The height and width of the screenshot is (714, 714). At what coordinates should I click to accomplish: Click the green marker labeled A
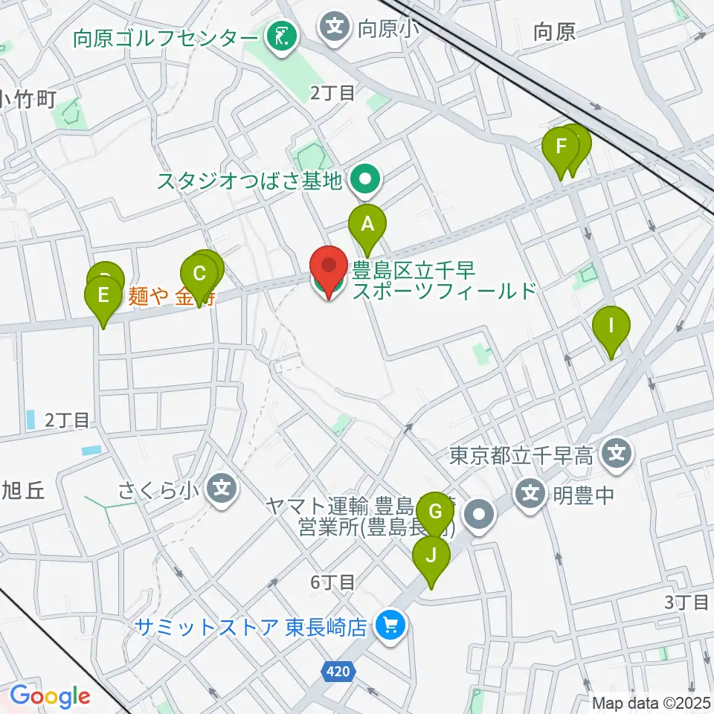click(367, 225)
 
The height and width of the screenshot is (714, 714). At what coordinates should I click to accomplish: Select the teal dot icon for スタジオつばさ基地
click(365, 179)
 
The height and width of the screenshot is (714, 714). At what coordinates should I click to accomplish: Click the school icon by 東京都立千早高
click(617, 455)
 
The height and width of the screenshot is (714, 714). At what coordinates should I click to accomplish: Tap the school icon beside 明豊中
click(530, 493)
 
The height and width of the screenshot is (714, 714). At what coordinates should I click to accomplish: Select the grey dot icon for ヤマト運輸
click(480, 516)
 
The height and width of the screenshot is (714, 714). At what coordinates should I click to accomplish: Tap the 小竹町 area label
click(28, 99)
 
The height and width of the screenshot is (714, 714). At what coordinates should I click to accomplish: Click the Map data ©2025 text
click(651, 702)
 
